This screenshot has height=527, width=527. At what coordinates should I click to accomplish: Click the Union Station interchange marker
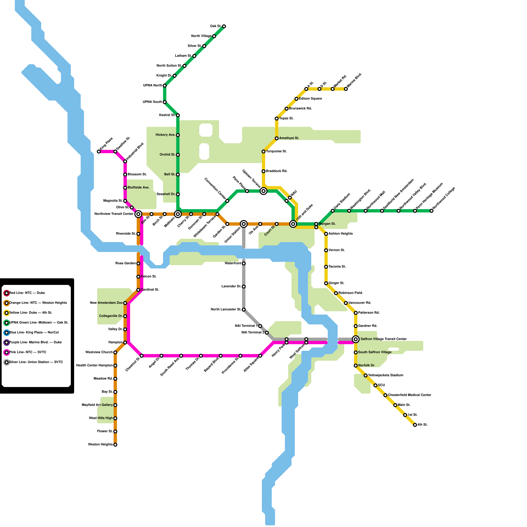tap(244, 224)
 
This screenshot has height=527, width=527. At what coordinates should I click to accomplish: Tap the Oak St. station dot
tap(224, 26)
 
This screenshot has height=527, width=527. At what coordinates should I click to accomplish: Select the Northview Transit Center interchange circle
tap(138, 214)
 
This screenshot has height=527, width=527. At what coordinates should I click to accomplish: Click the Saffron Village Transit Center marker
tap(356, 339)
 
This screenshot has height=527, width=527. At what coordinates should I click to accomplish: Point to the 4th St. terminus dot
tap(415, 425)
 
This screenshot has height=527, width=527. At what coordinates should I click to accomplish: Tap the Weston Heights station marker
tap(115, 445)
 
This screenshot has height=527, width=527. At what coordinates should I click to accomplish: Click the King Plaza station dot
tap(99, 152)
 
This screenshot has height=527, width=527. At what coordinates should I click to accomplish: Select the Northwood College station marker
tap(431, 211)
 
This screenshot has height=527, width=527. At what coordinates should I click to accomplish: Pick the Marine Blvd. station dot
tap(346, 89)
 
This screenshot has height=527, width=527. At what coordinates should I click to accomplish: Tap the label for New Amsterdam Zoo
tap(106, 303)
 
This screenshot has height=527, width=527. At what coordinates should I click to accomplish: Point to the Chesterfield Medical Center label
tap(409, 395)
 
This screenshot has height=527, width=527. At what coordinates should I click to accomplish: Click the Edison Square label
tap(310, 99)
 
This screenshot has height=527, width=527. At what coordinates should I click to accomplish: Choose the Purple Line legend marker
tap(7, 343)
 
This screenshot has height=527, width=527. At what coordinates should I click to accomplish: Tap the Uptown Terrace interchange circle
tap(263, 191)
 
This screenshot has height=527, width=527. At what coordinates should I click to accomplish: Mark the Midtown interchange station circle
tap(178, 214)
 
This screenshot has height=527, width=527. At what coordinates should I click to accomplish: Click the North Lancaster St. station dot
tap(244, 310)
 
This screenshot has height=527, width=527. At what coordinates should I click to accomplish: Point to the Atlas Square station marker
tap(260, 356)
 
